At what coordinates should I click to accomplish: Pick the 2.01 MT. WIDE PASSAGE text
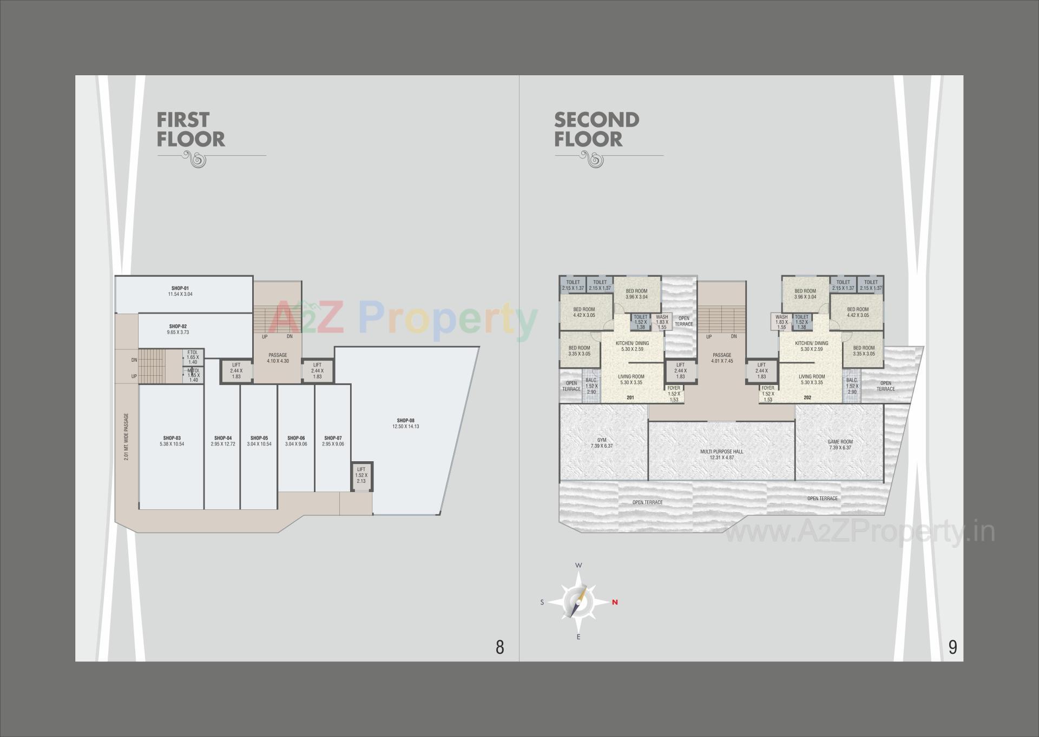[x=126, y=437]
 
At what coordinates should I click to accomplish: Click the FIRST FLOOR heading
[x=190, y=130]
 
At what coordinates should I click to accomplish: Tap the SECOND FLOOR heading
[x=596, y=130]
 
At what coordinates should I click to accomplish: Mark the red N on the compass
[x=615, y=602]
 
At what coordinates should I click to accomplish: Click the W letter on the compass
[x=578, y=566]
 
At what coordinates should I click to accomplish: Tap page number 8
[x=499, y=647]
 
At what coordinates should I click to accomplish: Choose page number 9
[x=952, y=647]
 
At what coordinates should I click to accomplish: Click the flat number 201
[x=630, y=397]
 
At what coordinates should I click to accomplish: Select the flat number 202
[x=807, y=397]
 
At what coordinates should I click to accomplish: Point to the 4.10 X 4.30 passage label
[x=278, y=361]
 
